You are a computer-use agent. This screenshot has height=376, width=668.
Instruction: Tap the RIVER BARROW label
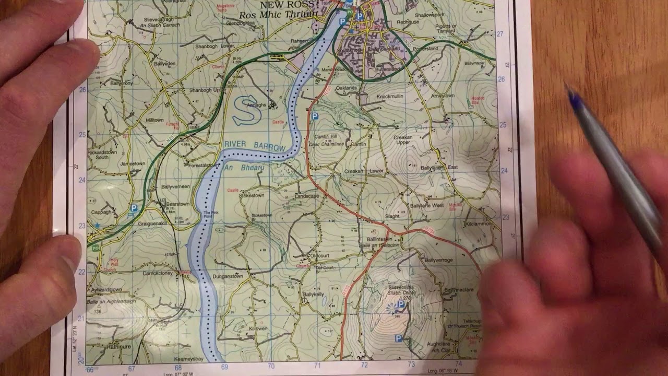pyautogui.click(x=255, y=146)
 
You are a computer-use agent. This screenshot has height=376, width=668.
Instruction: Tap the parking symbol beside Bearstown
pyautogui.click(x=134, y=208)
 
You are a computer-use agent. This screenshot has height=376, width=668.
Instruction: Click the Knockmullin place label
pyautogui.click(x=390, y=97)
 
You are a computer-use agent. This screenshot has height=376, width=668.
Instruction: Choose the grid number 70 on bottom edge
pyautogui.click(x=271, y=367)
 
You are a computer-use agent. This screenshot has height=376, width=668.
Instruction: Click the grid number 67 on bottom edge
pyautogui.click(x=132, y=368)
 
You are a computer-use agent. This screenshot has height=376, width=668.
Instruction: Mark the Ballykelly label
pyautogui.click(x=313, y=295)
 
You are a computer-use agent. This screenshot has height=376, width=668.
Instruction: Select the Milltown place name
pyautogui.click(x=154, y=120)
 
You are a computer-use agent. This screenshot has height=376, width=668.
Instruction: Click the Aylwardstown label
pyautogui.click(x=106, y=289)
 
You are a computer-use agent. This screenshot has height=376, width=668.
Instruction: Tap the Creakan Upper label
pyautogui.click(x=402, y=139)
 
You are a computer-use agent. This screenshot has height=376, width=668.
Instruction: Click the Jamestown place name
pyautogui.click(x=133, y=163)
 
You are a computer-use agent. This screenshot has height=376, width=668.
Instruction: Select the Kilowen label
pyautogui.click(x=258, y=329)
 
